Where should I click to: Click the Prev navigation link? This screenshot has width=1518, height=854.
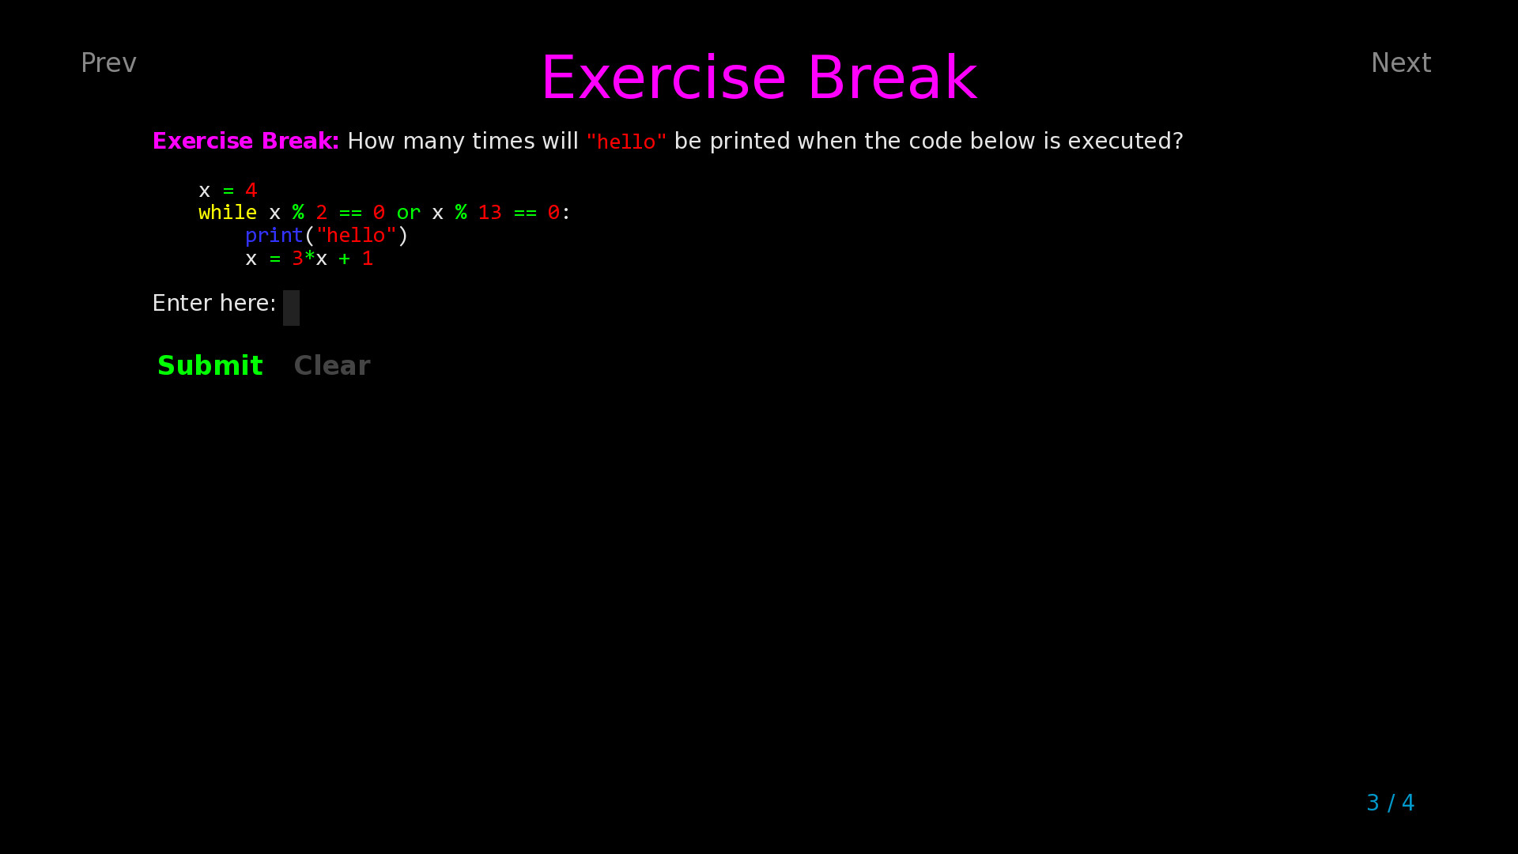(x=108, y=63)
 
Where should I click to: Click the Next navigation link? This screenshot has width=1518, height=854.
(x=1400, y=63)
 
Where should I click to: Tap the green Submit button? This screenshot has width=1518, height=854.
(x=210, y=365)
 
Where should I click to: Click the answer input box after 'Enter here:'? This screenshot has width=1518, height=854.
(x=291, y=308)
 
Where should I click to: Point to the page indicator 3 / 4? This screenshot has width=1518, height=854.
(x=1390, y=803)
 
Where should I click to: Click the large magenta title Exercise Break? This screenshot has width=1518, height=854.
(x=759, y=77)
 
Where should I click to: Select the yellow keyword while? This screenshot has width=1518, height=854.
(x=228, y=213)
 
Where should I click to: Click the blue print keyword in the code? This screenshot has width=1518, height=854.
(x=274, y=236)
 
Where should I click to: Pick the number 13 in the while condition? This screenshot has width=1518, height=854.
(x=489, y=213)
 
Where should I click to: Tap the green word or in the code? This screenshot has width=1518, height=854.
(x=408, y=213)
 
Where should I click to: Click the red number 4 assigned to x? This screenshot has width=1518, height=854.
(x=251, y=191)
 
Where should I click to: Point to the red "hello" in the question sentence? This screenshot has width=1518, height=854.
(x=626, y=142)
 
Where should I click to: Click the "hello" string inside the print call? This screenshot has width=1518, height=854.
(x=356, y=236)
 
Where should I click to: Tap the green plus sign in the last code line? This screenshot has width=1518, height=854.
(x=344, y=259)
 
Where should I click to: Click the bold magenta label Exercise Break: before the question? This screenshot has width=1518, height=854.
(x=245, y=142)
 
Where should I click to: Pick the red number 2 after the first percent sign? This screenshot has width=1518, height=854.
(x=321, y=213)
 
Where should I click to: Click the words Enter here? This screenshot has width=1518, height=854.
(x=213, y=304)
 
